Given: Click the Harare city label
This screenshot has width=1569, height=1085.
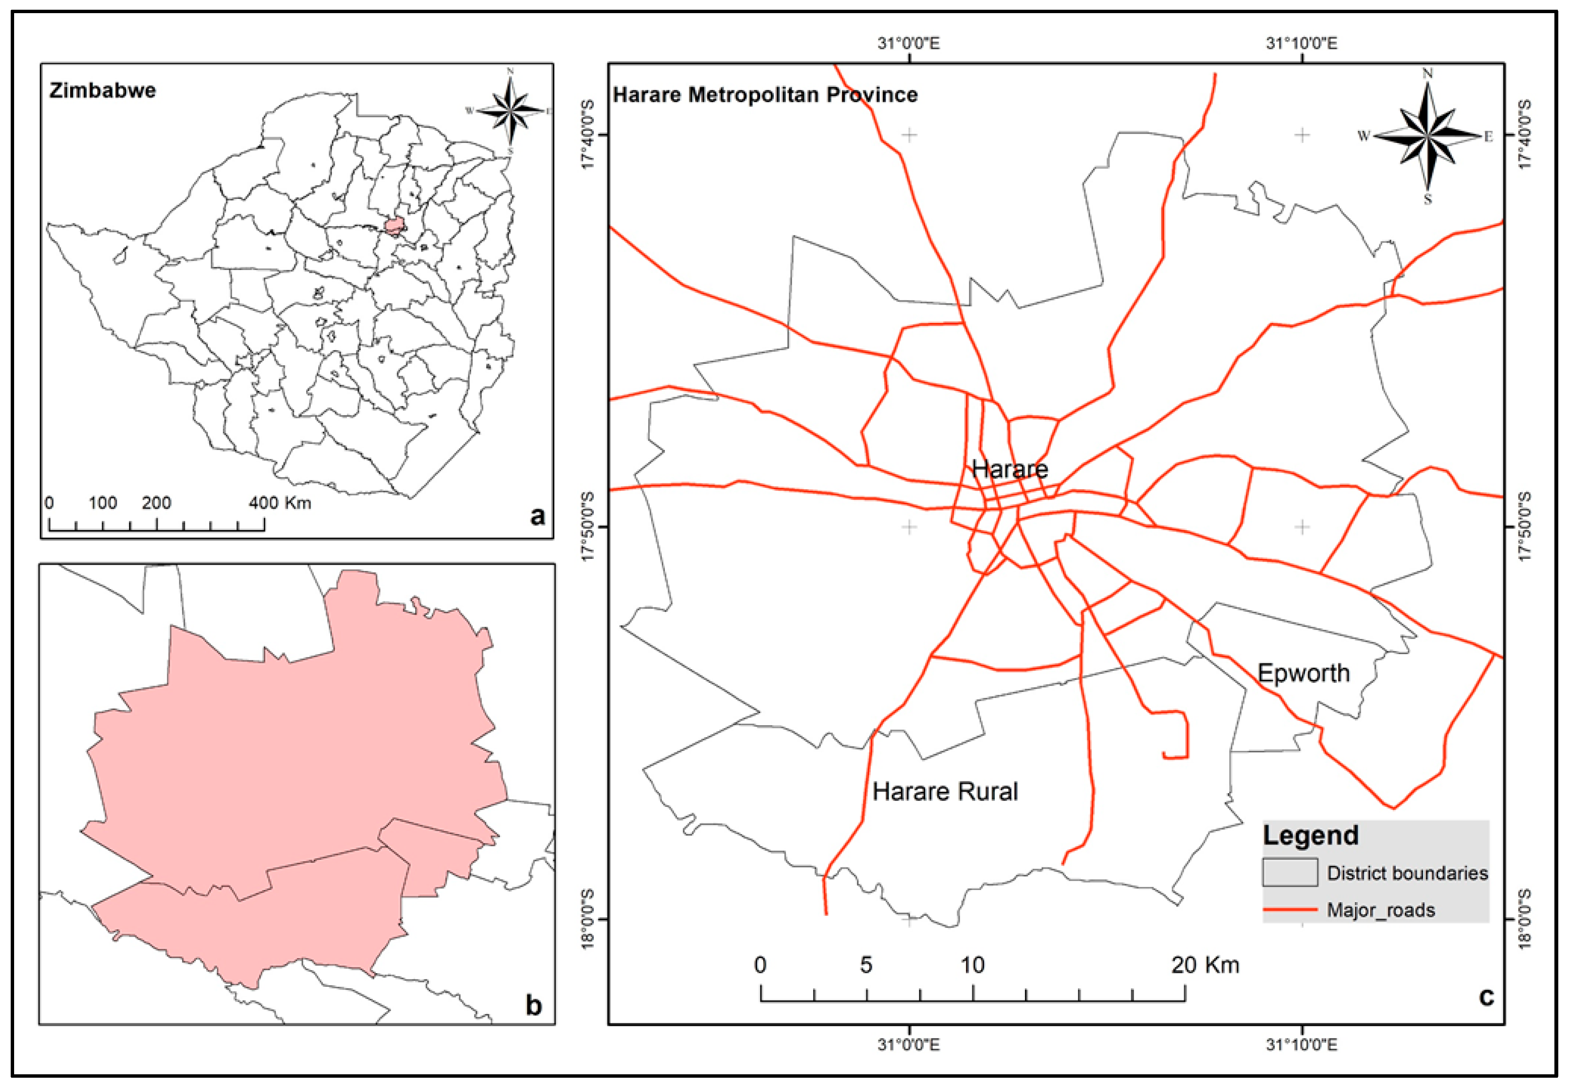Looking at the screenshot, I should click(x=1009, y=468).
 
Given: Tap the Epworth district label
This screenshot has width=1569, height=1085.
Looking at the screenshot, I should click(x=1303, y=673).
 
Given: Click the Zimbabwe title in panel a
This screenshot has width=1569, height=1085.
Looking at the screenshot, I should click(x=102, y=90).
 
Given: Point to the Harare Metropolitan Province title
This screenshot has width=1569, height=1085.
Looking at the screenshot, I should click(x=765, y=94).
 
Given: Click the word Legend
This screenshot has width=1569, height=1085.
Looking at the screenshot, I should click(x=1311, y=835).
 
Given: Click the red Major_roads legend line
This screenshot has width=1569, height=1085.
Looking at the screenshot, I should click(x=1290, y=909).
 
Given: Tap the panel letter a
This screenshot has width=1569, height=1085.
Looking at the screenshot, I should click(x=537, y=516).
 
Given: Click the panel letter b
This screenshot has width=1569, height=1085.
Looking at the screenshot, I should click(x=534, y=1005).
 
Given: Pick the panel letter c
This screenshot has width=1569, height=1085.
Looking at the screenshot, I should click(x=1487, y=996).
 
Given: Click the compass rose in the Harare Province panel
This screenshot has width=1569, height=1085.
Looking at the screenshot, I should click(x=1427, y=136).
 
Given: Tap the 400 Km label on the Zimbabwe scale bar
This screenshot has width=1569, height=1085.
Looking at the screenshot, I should click(x=280, y=503).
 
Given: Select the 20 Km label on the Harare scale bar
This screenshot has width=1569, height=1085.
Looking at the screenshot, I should click(x=1205, y=964).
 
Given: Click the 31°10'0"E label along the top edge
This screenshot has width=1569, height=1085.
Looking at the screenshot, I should click(x=1302, y=43).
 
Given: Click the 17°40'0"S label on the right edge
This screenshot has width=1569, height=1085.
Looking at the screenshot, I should click(x=1523, y=135).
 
